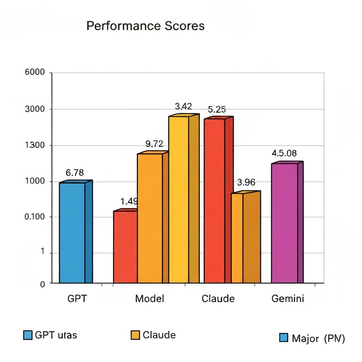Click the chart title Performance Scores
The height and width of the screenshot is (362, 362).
[145, 26]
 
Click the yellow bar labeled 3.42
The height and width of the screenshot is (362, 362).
[179, 199]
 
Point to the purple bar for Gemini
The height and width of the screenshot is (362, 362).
[285, 223]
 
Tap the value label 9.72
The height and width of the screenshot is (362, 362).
[154, 144]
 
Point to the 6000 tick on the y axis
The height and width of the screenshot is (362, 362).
[35, 72]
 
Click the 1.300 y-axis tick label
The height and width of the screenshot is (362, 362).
[35, 145]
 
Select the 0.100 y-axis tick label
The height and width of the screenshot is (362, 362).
[35, 217]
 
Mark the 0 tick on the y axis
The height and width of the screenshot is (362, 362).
[42, 284]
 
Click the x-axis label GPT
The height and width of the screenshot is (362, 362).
[77, 299]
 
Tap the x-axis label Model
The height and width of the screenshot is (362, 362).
[150, 299]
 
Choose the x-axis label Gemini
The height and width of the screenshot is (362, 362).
[287, 299]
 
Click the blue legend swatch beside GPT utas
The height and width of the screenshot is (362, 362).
[28, 335]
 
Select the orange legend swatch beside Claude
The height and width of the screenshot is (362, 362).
[135, 335]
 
